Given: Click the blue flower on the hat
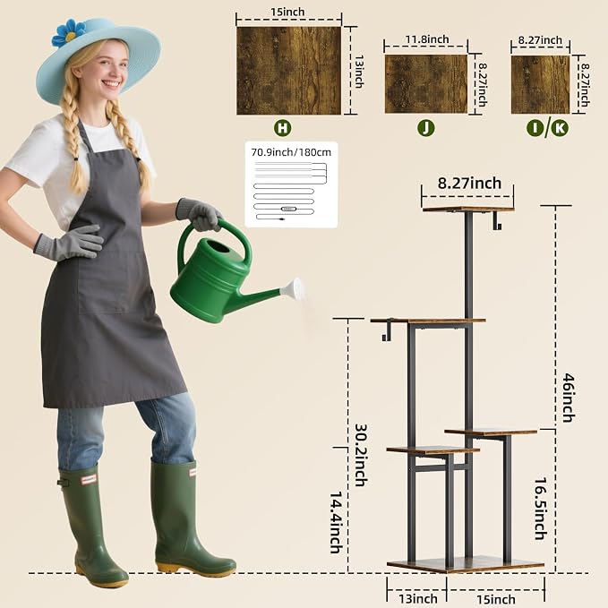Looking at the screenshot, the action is [69, 32].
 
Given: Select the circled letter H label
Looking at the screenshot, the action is [282, 127].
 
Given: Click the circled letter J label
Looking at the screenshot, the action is [425, 127].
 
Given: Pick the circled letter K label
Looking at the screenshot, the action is [560, 128].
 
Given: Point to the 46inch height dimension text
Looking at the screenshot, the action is [569, 398].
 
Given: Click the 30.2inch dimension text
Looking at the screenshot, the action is [361, 455].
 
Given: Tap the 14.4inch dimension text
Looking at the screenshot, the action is [336, 522].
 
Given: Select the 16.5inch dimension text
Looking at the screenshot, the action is [541, 509].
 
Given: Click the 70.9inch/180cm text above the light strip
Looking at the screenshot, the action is [291, 152].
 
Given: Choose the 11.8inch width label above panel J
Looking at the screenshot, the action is [427, 39].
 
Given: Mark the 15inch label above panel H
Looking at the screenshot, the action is [287, 12].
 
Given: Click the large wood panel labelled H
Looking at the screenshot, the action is [289, 71].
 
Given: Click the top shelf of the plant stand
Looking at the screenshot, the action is [468, 210].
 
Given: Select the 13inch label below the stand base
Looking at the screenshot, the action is [418, 598].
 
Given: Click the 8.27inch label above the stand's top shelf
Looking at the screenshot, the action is [469, 183].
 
